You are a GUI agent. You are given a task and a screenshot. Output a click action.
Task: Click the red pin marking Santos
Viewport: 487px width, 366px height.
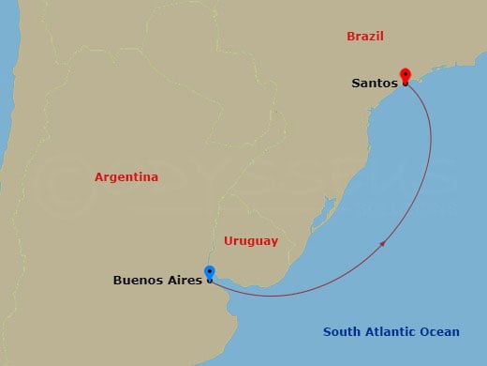(x=405, y=75)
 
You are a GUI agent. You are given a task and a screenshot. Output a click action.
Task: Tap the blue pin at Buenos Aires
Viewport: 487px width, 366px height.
(x=209, y=273)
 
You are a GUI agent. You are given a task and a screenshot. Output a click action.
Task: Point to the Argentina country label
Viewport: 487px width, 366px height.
(x=126, y=176)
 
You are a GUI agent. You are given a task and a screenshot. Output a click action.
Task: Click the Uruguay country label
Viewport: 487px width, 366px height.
(x=251, y=241)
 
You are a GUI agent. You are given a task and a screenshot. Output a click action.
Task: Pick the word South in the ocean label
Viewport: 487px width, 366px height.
(x=341, y=331)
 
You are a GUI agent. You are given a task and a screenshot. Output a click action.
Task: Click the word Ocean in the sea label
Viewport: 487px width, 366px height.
(x=441, y=331)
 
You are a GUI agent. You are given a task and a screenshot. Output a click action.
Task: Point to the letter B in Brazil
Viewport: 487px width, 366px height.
(x=350, y=37)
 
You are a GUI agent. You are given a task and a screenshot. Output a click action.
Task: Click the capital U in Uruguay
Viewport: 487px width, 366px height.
(x=229, y=241)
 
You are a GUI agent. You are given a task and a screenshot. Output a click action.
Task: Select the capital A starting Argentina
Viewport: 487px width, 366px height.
(x=99, y=176)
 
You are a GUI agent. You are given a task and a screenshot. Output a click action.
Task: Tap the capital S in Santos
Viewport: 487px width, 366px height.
(x=356, y=83)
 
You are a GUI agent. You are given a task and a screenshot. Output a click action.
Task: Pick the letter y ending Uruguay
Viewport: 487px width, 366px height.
(x=274, y=243)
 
